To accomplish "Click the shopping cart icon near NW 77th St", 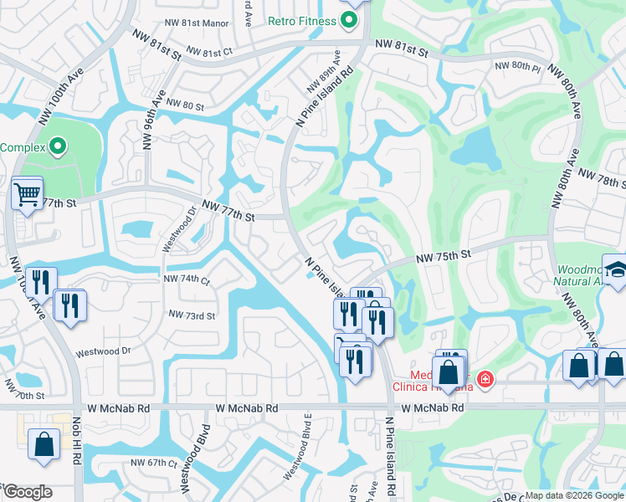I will click(x=28, y=195).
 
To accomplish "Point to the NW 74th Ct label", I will click(x=187, y=280).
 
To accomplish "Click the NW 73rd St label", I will click(x=192, y=315).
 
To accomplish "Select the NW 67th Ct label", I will click(x=154, y=463).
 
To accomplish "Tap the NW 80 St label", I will click(x=185, y=105).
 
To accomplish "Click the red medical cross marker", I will click(x=484, y=381).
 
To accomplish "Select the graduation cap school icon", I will click(x=616, y=269).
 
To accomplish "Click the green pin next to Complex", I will click(x=57, y=147).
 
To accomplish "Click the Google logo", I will click(x=28, y=493).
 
